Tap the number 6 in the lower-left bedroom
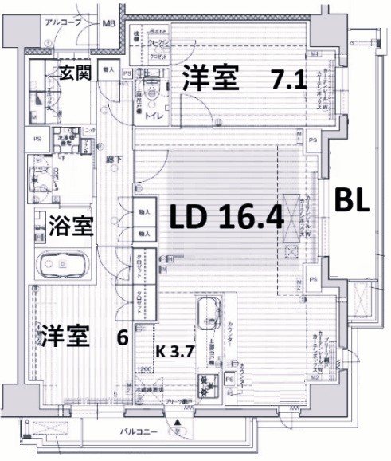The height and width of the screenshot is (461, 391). click(122, 337)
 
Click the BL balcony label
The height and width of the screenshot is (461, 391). click(351, 201)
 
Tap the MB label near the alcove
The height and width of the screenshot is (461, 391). click(108, 23)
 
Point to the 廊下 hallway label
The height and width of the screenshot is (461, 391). click(114, 159)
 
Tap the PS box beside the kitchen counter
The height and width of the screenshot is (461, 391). click(230, 380)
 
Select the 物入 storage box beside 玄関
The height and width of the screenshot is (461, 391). click(109, 70)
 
